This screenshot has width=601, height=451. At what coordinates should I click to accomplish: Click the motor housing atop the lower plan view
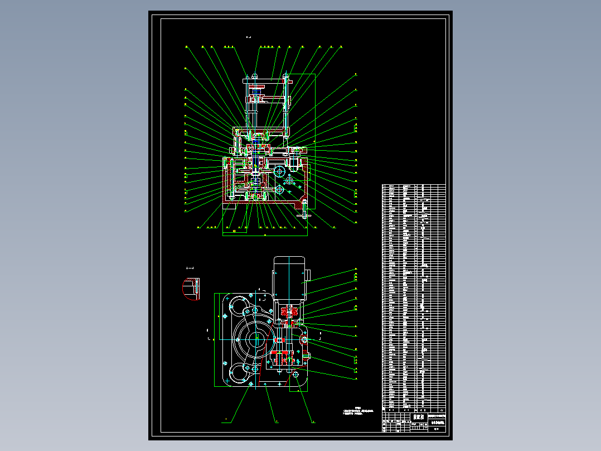[x=289, y=277]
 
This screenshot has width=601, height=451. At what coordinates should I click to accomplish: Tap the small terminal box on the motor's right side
[x=306, y=275]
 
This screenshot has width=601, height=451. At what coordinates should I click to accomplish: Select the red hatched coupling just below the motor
[x=288, y=311]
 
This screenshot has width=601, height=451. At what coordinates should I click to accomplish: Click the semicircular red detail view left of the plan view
[x=191, y=289]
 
